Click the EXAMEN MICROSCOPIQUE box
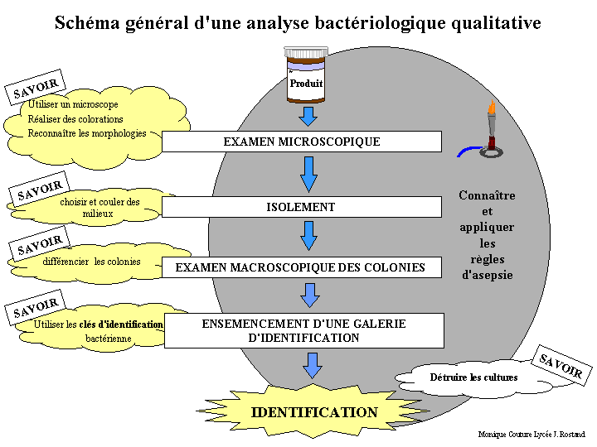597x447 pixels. (x=301, y=142)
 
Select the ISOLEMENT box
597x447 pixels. (x=301, y=207)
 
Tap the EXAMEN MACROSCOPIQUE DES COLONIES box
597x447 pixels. (x=301, y=267)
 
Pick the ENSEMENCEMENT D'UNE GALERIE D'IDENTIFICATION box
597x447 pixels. (x=303, y=330)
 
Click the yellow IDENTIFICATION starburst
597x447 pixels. (x=313, y=412)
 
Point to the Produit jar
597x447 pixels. (x=305, y=75)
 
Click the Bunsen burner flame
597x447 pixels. (x=492, y=109)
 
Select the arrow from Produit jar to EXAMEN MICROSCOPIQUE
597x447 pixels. (x=308, y=116)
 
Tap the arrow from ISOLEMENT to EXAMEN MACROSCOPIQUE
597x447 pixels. (x=308, y=235)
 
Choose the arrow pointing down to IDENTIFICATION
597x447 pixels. (x=312, y=365)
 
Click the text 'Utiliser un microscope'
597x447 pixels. (x=73, y=105)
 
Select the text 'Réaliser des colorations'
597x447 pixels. (x=75, y=119)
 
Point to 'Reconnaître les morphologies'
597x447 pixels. (x=86, y=133)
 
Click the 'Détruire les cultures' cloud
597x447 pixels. (x=473, y=377)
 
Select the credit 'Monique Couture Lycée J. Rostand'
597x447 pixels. (x=531, y=434)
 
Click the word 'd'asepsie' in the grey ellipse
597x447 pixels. (x=487, y=275)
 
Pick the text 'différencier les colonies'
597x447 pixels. (x=91, y=262)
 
